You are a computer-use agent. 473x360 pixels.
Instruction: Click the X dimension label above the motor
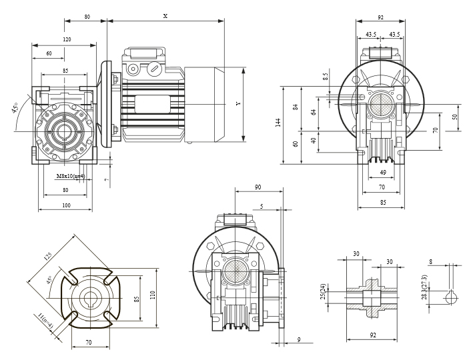click(x=165, y=16)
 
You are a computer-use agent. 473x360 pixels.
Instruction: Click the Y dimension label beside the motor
click(x=238, y=104)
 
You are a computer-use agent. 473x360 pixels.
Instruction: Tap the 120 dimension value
click(x=67, y=39)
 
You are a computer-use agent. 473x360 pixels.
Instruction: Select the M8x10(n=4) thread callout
click(x=71, y=176)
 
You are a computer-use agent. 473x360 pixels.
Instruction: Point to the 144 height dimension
click(x=278, y=122)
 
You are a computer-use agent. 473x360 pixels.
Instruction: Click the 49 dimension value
click(x=383, y=173)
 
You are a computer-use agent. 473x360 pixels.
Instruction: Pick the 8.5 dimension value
click(x=325, y=77)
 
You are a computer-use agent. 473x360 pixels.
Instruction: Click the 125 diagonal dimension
click(x=48, y=256)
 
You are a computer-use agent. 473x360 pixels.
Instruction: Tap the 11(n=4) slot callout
click(x=45, y=320)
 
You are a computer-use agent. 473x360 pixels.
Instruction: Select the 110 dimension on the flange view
click(x=152, y=295)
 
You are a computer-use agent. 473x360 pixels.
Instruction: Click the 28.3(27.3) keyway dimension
click(x=424, y=287)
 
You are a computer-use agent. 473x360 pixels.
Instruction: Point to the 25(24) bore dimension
click(x=323, y=291)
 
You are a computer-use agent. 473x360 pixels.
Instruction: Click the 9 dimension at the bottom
click(x=299, y=339)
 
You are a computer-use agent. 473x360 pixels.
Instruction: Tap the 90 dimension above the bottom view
click(x=258, y=187)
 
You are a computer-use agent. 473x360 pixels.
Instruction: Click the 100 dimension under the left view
click(x=66, y=205)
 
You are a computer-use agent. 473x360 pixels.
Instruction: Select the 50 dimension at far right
click(x=455, y=117)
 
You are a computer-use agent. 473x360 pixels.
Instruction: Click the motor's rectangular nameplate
click(x=152, y=104)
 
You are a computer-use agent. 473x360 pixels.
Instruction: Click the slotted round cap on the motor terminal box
click(x=154, y=69)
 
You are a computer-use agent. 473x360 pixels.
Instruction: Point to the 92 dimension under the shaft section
click(x=373, y=335)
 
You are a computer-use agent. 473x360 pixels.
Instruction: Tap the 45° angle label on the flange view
click(x=49, y=280)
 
